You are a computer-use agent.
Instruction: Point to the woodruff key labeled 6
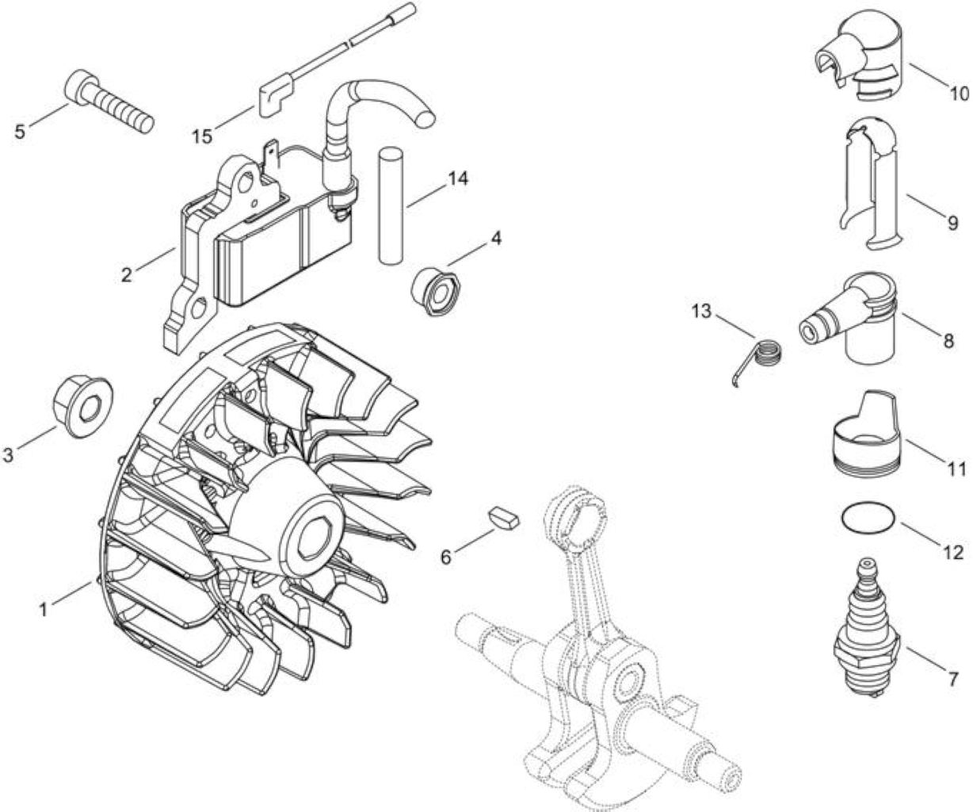coord(503,518)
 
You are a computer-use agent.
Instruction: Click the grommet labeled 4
coord(436,292)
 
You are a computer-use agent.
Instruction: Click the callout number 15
coord(203,137)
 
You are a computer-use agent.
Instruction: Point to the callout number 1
coord(44,609)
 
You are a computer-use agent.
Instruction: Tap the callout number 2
coord(126,274)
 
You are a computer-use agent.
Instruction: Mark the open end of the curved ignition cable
coord(425,120)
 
